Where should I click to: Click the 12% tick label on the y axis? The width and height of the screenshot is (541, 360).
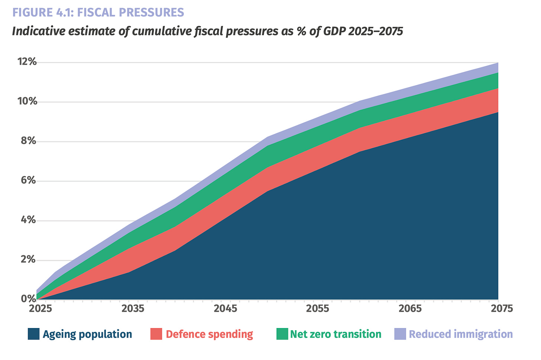pos(27,62)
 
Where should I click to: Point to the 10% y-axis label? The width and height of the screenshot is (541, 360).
pos(27,101)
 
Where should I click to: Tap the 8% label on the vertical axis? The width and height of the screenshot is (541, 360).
pos(29,141)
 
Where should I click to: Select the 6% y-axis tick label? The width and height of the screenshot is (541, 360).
pos(29,180)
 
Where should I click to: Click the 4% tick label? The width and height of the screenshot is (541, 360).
pos(29,220)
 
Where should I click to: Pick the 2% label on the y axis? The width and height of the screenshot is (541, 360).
pos(29,260)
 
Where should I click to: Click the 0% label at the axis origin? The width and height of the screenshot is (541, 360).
pos(29,299)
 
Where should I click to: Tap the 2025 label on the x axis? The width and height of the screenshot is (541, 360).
pos(41,309)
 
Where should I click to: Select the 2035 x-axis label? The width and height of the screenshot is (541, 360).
pos(133,309)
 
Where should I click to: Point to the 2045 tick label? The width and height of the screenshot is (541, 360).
pos(225,309)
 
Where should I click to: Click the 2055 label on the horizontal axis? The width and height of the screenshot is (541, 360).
pos(318,309)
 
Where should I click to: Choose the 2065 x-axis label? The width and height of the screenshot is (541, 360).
pos(410,309)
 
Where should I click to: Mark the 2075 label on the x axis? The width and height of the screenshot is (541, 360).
pos(502,309)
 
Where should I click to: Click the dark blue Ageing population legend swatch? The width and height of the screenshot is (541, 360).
pos(33,334)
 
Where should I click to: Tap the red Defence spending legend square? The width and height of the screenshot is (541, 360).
pos(156,334)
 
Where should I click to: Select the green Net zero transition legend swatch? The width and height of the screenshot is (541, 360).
pos(282,334)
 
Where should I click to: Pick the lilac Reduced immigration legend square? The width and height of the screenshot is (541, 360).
pos(400,334)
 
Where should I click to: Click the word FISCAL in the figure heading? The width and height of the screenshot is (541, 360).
pos(96,13)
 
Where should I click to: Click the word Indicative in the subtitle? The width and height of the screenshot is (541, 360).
pos(39,31)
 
